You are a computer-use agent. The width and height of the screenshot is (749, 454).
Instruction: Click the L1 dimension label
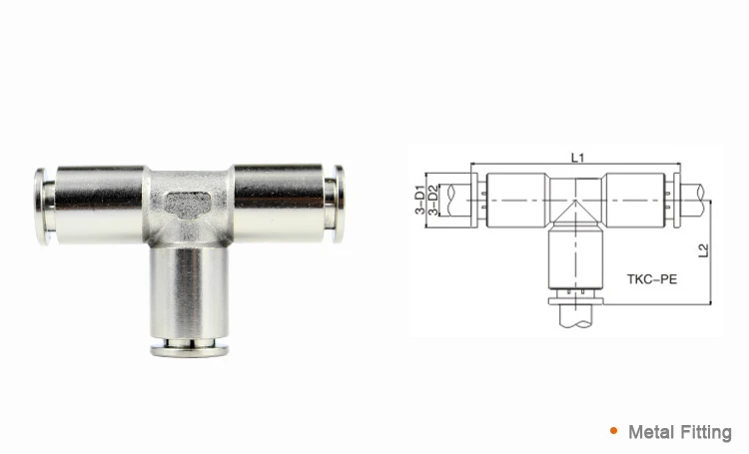tap(577, 157)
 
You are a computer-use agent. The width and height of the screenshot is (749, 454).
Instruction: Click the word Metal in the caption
tap(650, 432)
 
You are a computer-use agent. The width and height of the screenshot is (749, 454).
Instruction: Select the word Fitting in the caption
tap(705, 432)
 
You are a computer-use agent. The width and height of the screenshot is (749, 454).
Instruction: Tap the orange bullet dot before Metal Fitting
tap(612, 432)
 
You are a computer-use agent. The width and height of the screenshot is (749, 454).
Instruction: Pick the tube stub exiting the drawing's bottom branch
tap(575, 317)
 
